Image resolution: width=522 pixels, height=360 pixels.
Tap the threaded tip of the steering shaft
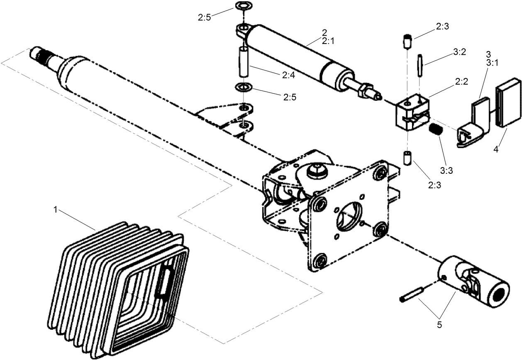(x=37, y=54)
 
